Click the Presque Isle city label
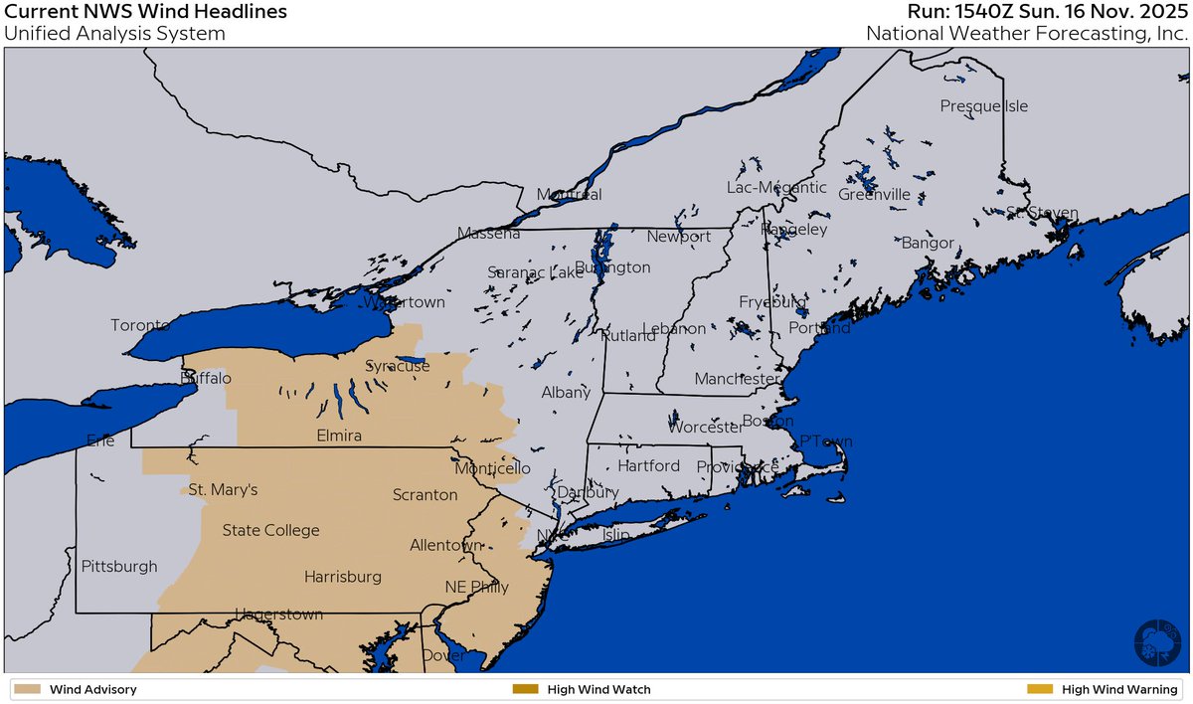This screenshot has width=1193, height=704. (984, 106)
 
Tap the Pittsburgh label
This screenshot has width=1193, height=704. (119, 567)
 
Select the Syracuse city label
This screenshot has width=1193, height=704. (398, 366)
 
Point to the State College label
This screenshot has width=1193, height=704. (270, 530)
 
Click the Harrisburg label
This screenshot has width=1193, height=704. (343, 577)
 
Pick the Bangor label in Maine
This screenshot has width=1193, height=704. (928, 243)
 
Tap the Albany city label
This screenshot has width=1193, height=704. (566, 393)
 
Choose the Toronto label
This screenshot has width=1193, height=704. (141, 325)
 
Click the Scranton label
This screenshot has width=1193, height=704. (425, 494)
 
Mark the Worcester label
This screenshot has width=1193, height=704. (706, 428)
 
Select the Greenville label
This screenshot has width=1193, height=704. (874, 195)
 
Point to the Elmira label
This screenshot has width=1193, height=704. (338, 436)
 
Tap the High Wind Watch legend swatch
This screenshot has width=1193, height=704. (524, 689)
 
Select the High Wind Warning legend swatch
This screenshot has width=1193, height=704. (1039, 689)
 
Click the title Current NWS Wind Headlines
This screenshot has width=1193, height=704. (146, 12)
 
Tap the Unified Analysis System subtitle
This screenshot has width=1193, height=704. (114, 34)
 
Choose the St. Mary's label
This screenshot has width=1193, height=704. (223, 490)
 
